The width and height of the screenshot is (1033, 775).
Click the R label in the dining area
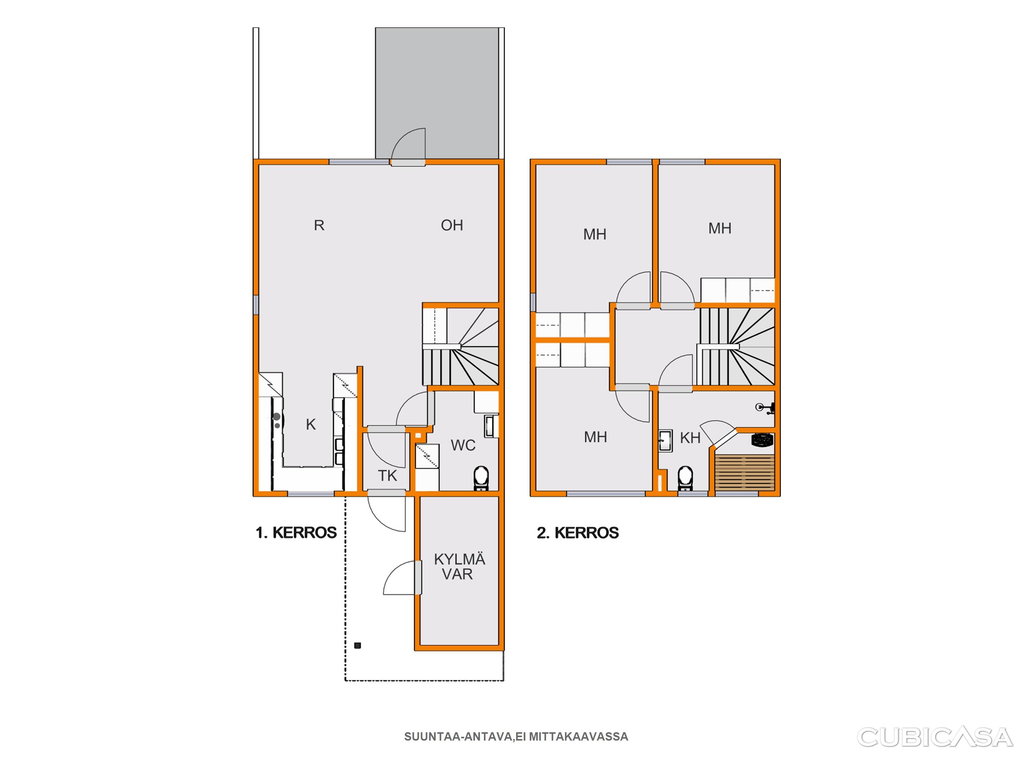point(319,226)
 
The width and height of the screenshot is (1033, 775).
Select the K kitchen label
point(311,425)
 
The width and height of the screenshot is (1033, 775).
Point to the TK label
point(387,476)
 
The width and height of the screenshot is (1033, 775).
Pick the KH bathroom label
point(690,438)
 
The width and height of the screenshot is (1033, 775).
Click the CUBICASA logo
point(935,738)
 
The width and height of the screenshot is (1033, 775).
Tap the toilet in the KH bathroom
point(685,478)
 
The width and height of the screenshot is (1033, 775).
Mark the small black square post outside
point(358,646)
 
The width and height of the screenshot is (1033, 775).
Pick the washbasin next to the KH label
point(666,441)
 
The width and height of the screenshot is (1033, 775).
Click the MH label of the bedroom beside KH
point(596,437)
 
